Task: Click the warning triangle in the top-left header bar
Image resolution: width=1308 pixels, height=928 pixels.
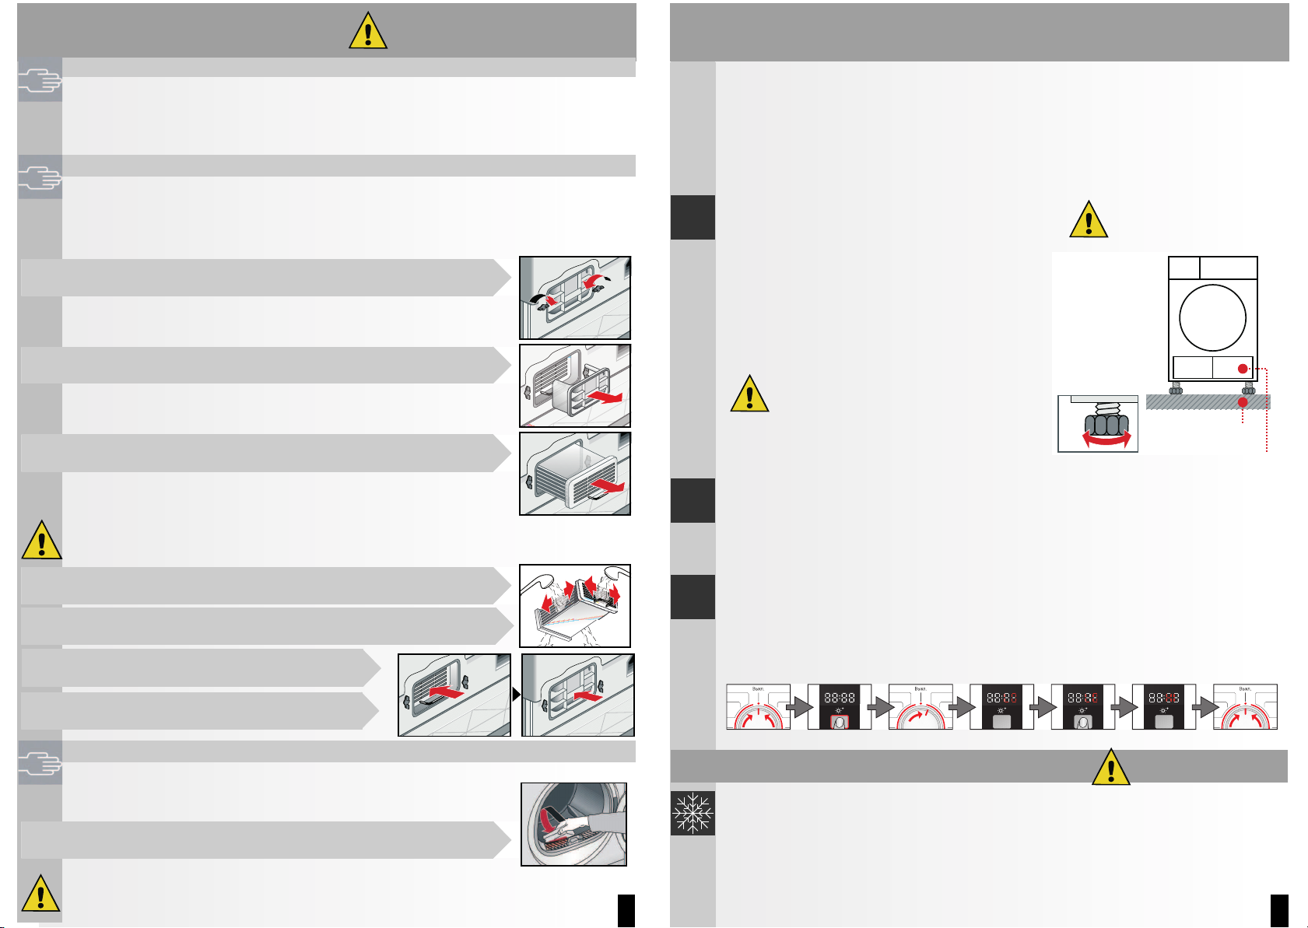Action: [x=368, y=32]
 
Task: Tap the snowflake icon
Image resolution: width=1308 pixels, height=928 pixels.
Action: [x=692, y=814]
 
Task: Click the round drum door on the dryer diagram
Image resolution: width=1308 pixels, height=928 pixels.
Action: [x=1212, y=318]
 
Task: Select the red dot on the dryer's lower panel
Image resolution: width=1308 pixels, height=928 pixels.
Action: [x=1243, y=369]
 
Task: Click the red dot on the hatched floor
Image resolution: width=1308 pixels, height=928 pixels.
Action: [x=1243, y=402]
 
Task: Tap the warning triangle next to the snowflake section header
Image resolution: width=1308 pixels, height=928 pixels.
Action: [x=1111, y=767]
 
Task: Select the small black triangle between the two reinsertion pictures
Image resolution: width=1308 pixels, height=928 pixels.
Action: [x=516, y=695]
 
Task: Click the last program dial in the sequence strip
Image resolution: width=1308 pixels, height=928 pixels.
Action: [x=1245, y=706]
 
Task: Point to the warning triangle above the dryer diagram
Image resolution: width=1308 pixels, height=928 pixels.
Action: [x=1089, y=220]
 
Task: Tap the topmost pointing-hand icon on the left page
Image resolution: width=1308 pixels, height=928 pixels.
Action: [x=40, y=81]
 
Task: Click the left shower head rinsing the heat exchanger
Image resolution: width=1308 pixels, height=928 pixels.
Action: [x=540, y=579]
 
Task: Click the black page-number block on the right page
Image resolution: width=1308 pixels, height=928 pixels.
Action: [x=1279, y=910]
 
